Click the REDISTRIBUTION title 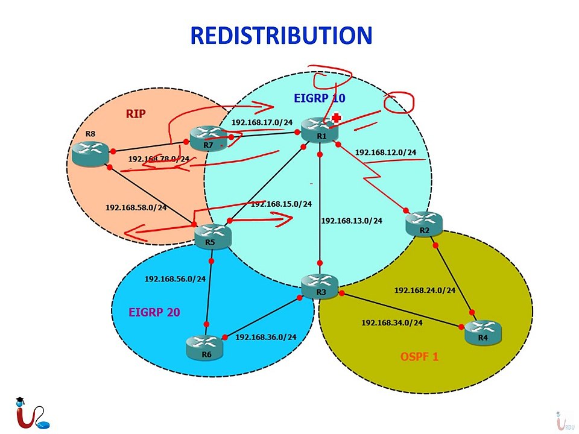tap(281, 36)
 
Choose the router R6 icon tap(206, 347)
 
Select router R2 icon tap(425, 223)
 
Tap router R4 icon tap(482, 331)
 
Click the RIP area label tap(136, 113)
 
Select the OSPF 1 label tap(420, 357)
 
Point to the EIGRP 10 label tap(320, 98)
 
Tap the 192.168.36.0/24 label tap(266, 337)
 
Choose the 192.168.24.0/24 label tap(425, 290)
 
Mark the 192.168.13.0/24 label tap(352, 221)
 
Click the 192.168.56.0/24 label tap(175, 279)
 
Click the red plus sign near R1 tap(337, 118)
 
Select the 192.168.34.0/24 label tap(392, 322)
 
